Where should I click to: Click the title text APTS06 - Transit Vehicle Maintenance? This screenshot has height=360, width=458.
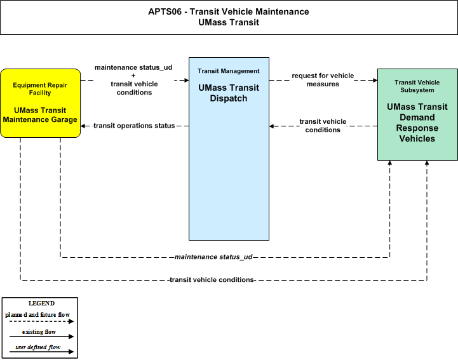(x=229, y=11)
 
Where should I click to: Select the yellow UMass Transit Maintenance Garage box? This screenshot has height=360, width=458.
(x=40, y=103)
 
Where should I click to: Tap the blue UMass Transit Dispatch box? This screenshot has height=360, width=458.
(x=229, y=149)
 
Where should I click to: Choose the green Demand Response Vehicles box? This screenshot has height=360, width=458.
(x=417, y=114)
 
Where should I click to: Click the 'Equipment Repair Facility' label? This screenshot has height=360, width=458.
(x=40, y=89)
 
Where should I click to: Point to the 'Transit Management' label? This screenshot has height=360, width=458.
(x=229, y=71)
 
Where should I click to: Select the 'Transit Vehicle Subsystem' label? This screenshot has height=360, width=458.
(x=417, y=86)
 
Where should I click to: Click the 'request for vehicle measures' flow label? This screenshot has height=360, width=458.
(x=323, y=80)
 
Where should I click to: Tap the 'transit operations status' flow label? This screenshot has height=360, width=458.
(x=134, y=126)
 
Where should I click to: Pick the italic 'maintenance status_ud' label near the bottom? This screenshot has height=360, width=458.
(x=213, y=257)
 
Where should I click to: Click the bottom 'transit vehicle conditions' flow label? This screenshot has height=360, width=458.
(x=212, y=280)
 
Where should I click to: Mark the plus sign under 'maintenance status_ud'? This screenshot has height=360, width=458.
(x=133, y=76)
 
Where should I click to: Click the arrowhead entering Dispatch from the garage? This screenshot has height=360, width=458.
(x=186, y=80)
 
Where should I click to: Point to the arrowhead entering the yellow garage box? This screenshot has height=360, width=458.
(x=83, y=126)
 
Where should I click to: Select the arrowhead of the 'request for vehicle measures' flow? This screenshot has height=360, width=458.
(x=375, y=80)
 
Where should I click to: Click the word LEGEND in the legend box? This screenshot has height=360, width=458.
(x=41, y=303)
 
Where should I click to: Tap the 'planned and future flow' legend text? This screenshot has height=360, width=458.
(x=37, y=315)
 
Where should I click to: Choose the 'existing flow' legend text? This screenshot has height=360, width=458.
(x=39, y=332)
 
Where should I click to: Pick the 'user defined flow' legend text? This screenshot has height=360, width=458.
(x=38, y=347)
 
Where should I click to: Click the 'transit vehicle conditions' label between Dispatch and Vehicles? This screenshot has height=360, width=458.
(x=323, y=126)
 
